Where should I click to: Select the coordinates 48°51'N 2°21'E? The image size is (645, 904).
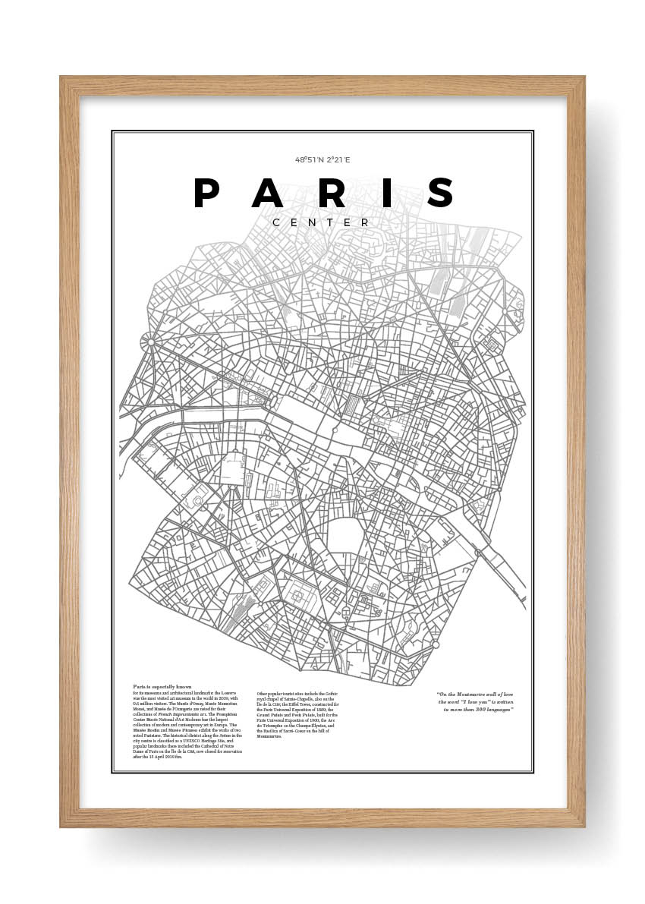click(322, 160)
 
